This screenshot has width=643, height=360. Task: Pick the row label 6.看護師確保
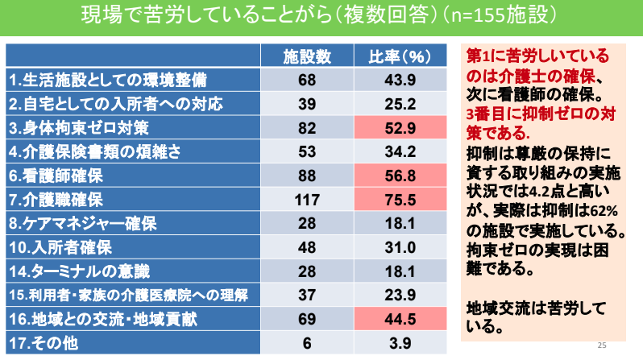tap(56, 175)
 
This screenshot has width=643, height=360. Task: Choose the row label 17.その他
tap(37, 343)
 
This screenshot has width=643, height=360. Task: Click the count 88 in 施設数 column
tap(306, 175)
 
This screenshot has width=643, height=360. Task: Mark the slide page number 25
tap(601, 344)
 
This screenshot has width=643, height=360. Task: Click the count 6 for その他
tap(306, 343)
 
